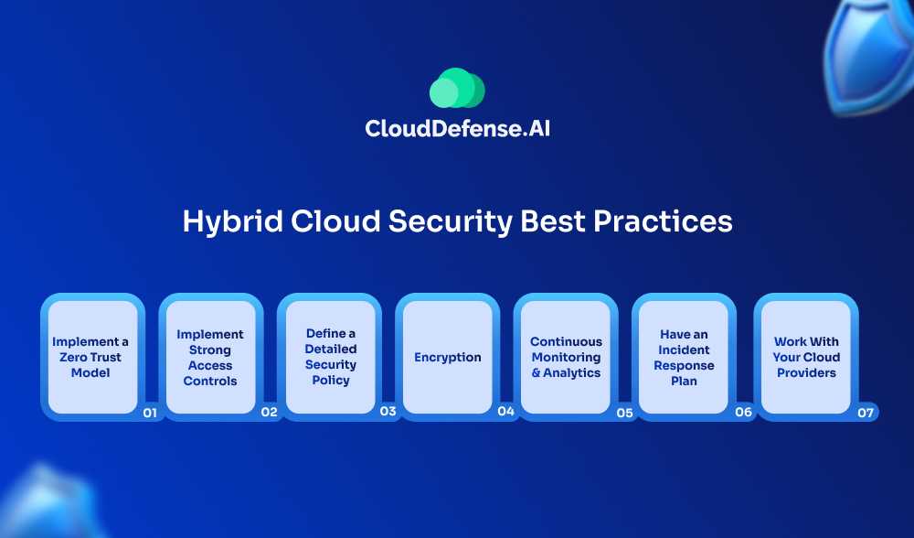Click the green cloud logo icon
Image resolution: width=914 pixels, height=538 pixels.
click(457, 88)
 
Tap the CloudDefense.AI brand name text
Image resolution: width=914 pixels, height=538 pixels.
click(458, 128)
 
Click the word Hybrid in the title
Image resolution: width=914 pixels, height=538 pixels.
click(232, 222)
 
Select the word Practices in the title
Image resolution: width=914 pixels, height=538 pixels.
click(663, 221)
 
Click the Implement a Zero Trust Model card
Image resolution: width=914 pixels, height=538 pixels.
click(92, 357)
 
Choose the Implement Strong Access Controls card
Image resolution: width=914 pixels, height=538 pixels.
click(210, 357)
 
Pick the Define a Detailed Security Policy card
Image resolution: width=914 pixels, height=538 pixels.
click(330, 357)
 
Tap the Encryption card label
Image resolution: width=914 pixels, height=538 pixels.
click(448, 357)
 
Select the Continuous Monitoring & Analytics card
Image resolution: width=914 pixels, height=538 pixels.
click(566, 357)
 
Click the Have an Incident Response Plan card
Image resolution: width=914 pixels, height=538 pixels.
click(684, 357)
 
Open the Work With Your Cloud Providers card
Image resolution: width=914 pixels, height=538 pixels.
click(806, 357)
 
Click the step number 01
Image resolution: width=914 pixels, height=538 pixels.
click(150, 413)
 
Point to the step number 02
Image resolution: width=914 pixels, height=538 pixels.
click(269, 412)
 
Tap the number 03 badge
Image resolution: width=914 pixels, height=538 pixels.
click(388, 412)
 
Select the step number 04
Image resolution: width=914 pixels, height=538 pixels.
click(506, 412)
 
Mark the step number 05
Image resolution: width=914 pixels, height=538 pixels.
click(624, 413)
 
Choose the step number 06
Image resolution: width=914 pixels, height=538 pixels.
click(743, 412)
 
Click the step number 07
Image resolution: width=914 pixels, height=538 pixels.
click(866, 413)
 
